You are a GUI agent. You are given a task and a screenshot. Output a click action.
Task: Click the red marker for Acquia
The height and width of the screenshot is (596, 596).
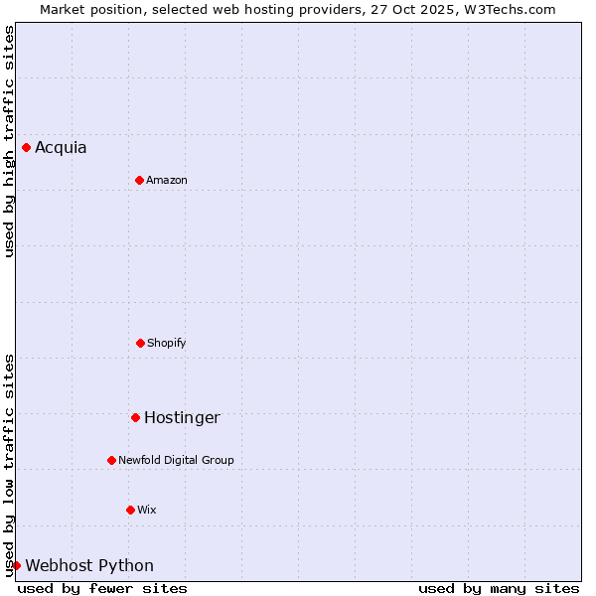click(x=26, y=148)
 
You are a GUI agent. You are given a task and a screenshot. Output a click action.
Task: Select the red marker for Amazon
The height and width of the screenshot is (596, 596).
click(x=139, y=180)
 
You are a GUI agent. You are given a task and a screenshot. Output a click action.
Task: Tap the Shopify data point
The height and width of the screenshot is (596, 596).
click(x=140, y=343)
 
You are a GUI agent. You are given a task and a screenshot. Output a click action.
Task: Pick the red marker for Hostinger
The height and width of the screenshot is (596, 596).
click(x=135, y=417)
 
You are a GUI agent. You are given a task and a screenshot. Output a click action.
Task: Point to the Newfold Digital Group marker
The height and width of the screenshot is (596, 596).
click(x=111, y=460)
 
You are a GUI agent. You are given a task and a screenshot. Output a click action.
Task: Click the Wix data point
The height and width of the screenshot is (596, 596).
click(x=130, y=510)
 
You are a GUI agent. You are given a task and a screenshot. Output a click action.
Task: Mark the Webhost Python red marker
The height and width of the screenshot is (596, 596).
click(x=16, y=565)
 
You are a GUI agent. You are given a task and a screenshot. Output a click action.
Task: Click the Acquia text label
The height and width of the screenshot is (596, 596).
click(x=61, y=148)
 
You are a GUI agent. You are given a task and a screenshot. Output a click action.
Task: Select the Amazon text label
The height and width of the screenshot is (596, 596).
click(x=167, y=180)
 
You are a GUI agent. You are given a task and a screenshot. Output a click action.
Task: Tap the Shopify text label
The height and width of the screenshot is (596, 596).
click(x=167, y=343)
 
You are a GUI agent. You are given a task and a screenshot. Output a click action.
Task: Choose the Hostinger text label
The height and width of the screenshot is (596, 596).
click(x=182, y=417)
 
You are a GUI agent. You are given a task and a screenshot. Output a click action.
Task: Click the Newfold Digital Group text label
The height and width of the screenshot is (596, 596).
click(x=176, y=460)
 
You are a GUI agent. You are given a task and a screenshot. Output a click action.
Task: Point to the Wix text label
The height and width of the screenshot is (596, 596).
click(x=147, y=510)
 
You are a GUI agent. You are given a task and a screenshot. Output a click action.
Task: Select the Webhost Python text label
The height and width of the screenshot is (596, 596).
click(x=89, y=565)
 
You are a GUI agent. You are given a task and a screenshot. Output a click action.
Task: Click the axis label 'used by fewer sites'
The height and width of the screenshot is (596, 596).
click(x=102, y=588)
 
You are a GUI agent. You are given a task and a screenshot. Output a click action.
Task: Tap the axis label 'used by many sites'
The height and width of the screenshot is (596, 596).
click(x=499, y=588)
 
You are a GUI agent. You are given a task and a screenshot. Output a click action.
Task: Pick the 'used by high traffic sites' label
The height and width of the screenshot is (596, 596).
click(x=9, y=141)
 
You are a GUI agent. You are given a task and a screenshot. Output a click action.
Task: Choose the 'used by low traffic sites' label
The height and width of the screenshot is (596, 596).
click(x=9, y=465)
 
